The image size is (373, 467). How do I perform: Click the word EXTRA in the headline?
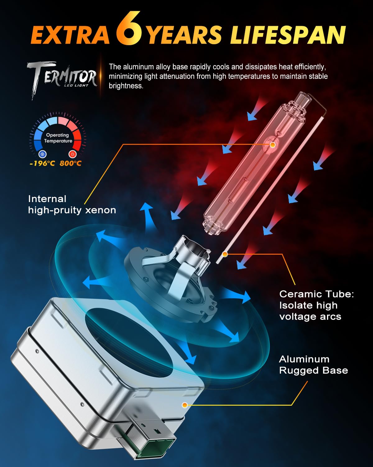coord(70,35)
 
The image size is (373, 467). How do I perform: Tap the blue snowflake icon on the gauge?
coord(42,154)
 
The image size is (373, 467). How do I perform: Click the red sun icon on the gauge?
coord(72,154)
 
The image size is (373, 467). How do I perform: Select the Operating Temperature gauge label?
coord(58,138)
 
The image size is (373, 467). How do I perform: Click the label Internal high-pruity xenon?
coord(72,205)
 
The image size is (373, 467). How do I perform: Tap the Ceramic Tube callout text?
coord(316,305)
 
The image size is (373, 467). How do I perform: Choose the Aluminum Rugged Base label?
coord(313,365)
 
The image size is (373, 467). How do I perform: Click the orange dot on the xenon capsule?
coord(273,144)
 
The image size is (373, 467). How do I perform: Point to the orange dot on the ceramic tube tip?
coord(225,254)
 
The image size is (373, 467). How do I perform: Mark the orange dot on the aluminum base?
coord(185,405)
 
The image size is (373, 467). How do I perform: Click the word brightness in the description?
coord(126,86)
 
